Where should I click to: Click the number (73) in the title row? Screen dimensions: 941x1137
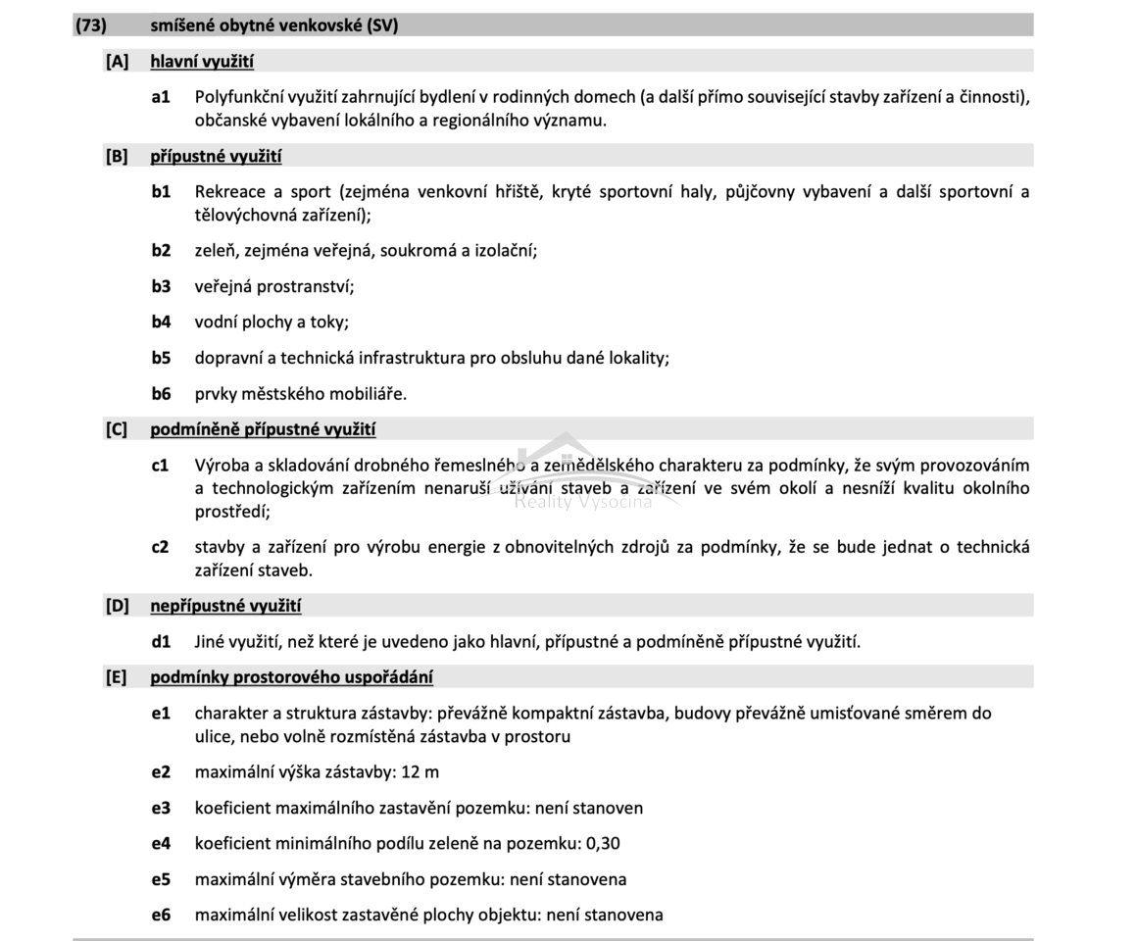[x=91, y=26]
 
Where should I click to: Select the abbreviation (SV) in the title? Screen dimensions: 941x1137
[x=382, y=26]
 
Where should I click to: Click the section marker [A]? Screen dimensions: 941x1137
[x=117, y=62]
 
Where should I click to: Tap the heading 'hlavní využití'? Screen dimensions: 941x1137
[x=202, y=62]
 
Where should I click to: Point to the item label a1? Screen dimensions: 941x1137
[x=161, y=97]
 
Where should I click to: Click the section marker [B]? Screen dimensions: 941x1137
[x=117, y=157]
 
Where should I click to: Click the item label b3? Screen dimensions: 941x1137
[x=161, y=286]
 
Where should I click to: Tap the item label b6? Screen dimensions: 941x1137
[x=161, y=394]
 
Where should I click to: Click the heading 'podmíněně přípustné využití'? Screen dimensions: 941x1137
[x=263, y=429]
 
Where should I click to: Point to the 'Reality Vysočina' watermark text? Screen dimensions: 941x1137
[x=583, y=503]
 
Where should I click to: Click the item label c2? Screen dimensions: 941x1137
[x=161, y=547]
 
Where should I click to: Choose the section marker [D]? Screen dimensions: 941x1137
[x=117, y=606]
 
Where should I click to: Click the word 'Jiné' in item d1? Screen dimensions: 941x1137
[x=212, y=642]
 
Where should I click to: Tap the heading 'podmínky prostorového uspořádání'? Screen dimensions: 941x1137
[x=291, y=677]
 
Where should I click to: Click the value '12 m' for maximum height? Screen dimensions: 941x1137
[x=420, y=772]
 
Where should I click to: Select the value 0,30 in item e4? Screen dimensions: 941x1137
[x=602, y=844]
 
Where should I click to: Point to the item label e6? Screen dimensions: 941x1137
[x=161, y=916]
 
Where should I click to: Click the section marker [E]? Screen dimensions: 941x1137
[x=117, y=677]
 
